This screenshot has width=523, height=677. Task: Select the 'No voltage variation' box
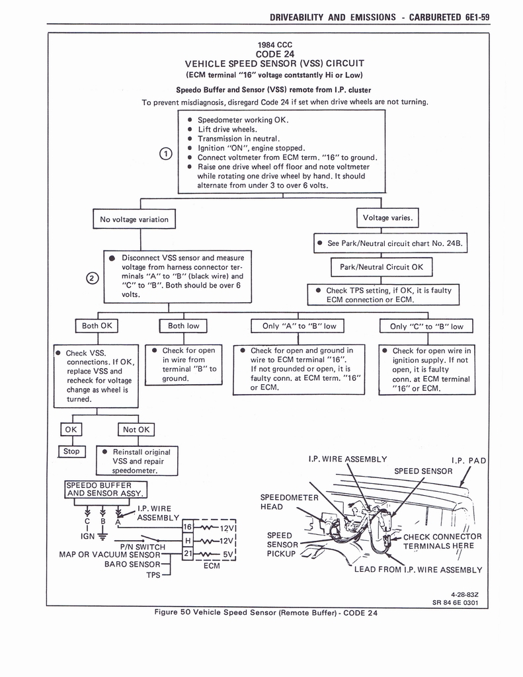(x=134, y=219)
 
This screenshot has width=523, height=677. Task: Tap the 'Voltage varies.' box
(x=387, y=218)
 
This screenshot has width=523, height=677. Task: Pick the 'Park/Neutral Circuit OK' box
(x=382, y=267)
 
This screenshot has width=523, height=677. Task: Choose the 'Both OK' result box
(x=97, y=326)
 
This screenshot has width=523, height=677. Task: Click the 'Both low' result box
(x=184, y=326)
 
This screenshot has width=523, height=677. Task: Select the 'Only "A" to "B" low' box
(x=299, y=326)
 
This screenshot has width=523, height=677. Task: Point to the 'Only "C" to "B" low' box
(x=426, y=326)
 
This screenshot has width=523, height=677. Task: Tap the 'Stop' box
(x=71, y=452)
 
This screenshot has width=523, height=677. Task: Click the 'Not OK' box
(x=136, y=430)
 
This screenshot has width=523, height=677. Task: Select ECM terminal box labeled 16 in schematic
(x=188, y=528)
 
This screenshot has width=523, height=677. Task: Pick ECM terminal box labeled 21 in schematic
(x=188, y=553)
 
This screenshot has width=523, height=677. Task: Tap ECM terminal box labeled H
(x=188, y=540)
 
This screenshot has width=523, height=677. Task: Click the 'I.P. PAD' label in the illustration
(x=469, y=460)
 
